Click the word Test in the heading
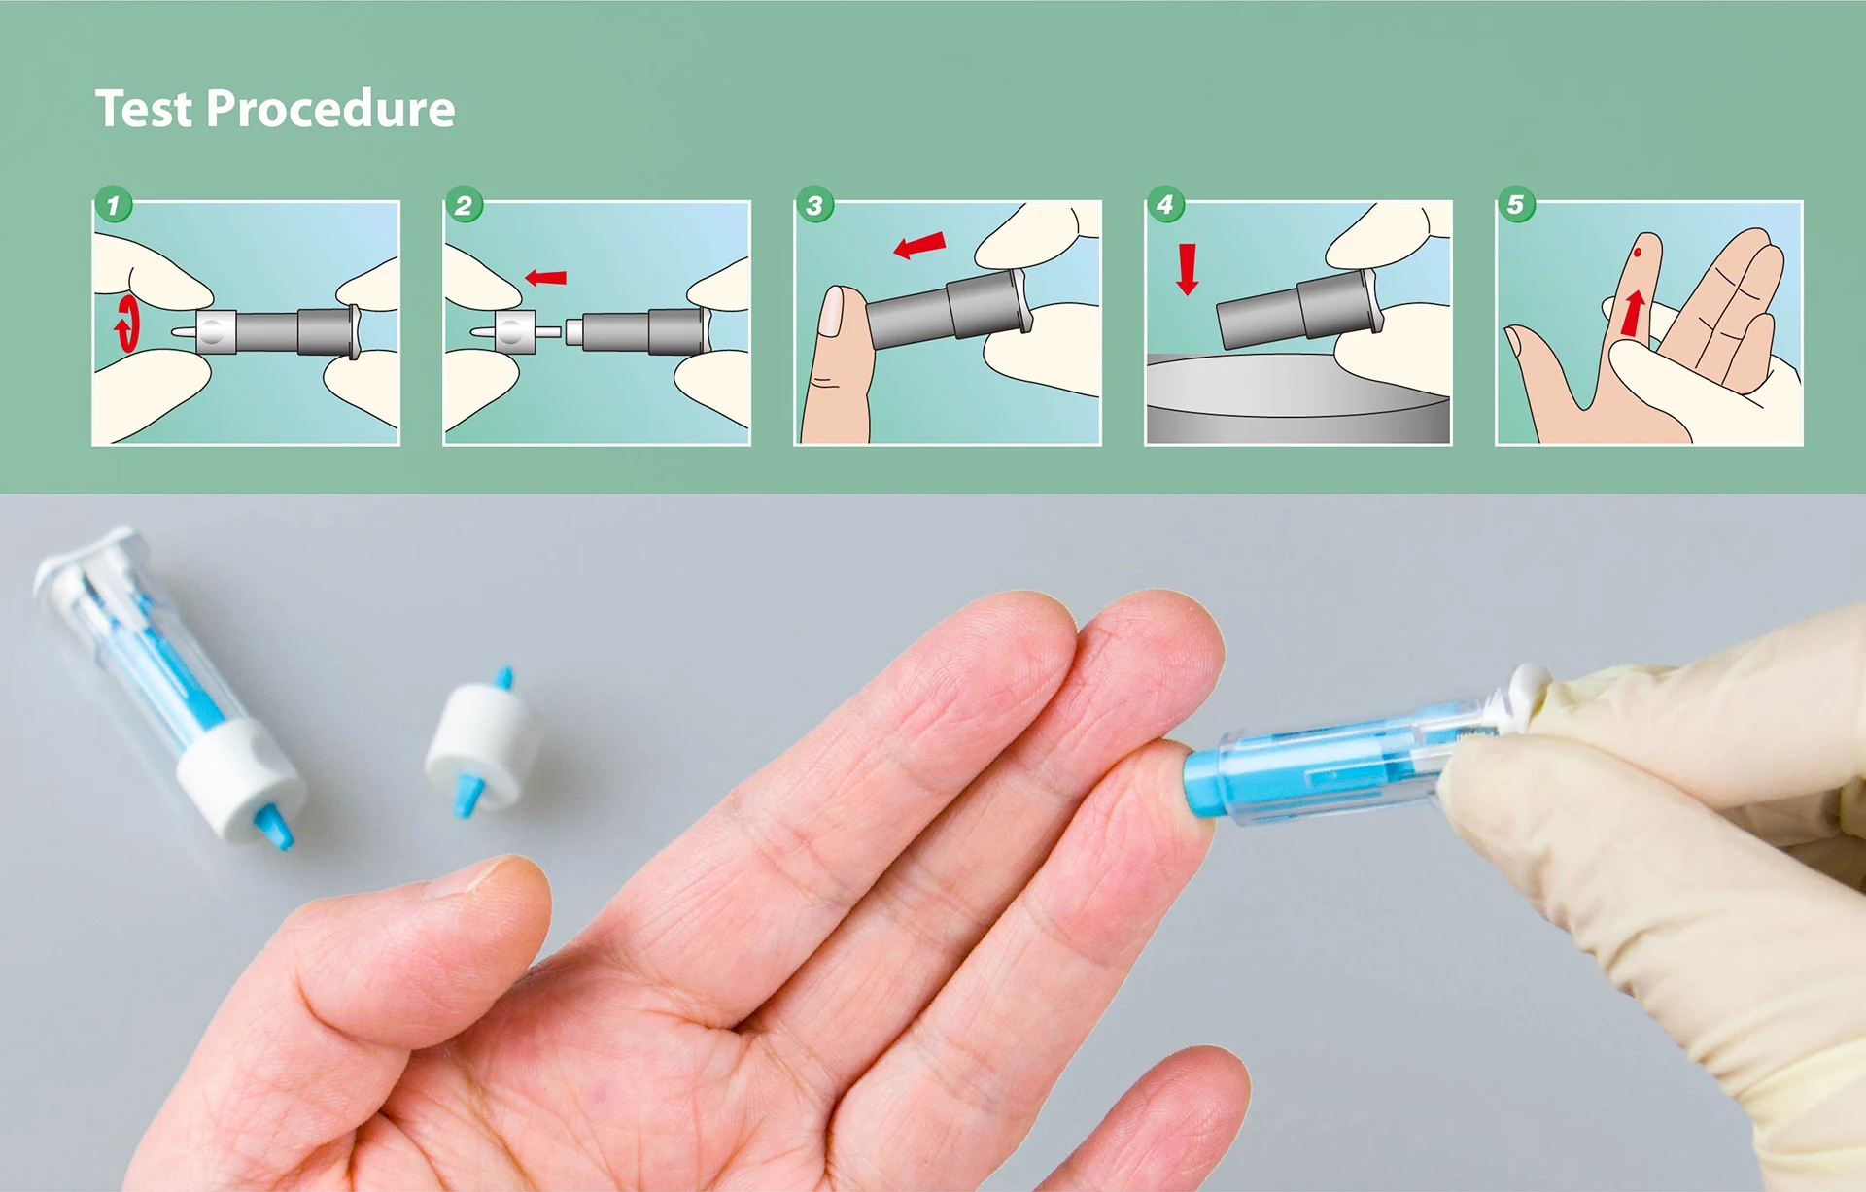[143, 109]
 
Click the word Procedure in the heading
[330, 109]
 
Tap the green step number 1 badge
[114, 205]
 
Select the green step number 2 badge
[464, 205]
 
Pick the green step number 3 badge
[814, 205]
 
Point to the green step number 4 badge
[1165, 204]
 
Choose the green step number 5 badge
[1515, 204]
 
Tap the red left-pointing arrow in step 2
[545, 278]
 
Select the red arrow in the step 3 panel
[919, 245]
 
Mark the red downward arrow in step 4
[1187, 269]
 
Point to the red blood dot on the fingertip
[1638, 253]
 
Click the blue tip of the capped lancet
[273, 828]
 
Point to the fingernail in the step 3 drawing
[832, 313]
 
